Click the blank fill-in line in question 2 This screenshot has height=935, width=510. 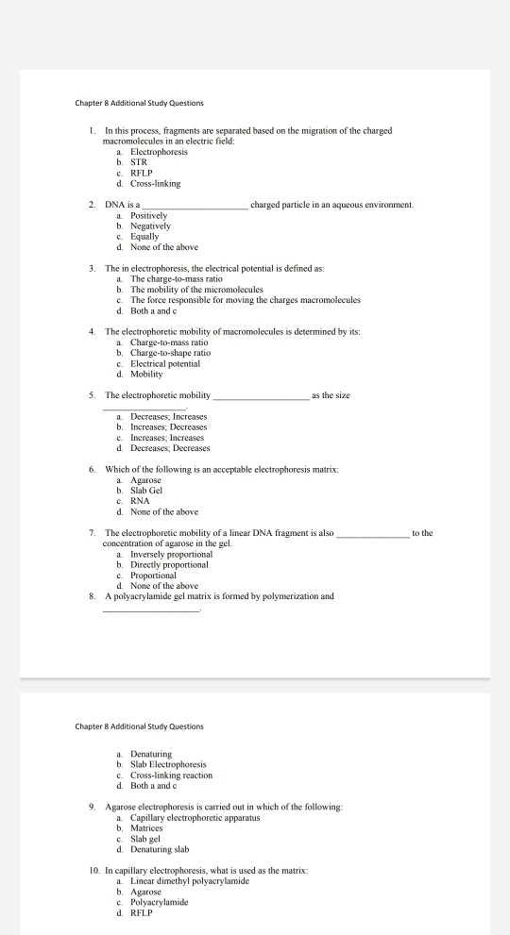(195, 206)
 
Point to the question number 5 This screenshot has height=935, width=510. (92, 395)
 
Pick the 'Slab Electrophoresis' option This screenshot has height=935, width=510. (168, 764)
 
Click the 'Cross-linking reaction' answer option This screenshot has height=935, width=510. (171, 775)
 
